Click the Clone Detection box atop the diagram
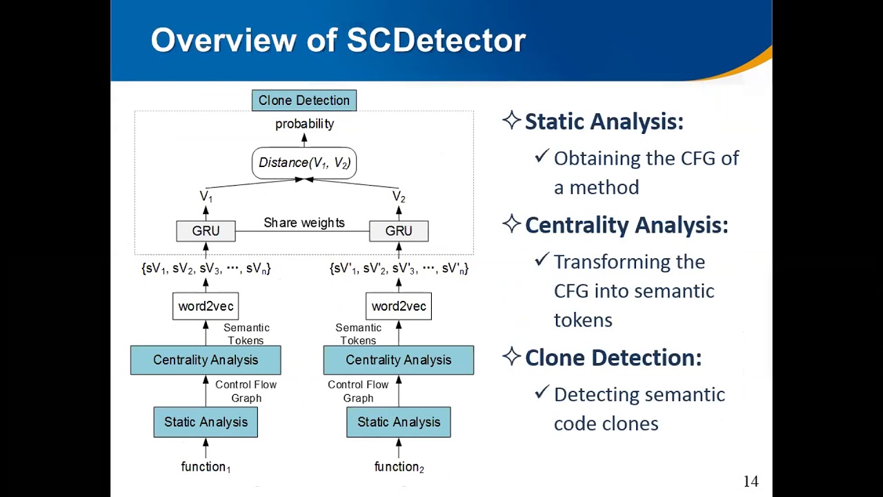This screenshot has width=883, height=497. (x=304, y=101)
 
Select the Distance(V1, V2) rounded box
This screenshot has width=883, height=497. (x=304, y=163)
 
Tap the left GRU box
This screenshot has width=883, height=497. (x=206, y=231)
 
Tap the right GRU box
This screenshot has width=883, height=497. (x=399, y=231)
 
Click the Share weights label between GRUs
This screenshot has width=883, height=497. (x=304, y=223)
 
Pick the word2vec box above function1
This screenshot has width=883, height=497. (x=206, y=306)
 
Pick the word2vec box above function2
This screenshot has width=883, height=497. (x=399, y=306)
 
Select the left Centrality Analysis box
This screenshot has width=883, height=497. (x=206, y=360)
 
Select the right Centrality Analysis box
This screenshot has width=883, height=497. (x=399, y=360)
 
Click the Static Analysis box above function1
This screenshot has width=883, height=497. (x=206, y=422)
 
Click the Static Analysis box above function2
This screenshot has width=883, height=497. (x=399, y=422)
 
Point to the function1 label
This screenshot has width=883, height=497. (x=206, y=467)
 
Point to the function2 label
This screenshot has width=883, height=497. (x=399, y=467)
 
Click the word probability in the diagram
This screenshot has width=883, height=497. (x=304, y=124)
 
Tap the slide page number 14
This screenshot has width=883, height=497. (x=751, y=482)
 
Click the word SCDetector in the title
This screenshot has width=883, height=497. (x=436, y=41)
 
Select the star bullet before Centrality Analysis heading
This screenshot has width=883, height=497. (x=511, y=224)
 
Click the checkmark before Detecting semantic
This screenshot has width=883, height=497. (x=542, y=393)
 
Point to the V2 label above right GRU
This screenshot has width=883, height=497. (x=399, y=197)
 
